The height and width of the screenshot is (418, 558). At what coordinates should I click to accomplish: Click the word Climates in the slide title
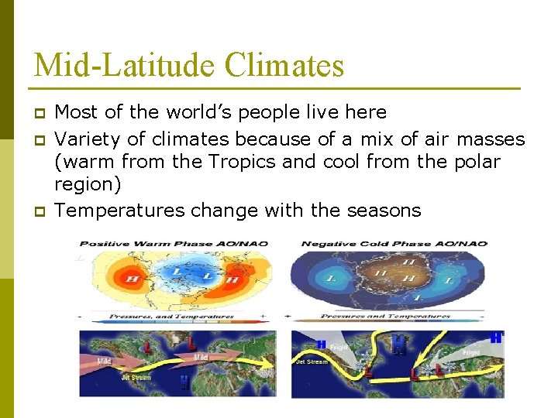click(x=284, y=65)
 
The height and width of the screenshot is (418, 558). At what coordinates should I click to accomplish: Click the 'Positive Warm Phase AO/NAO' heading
click(x=174, y=243)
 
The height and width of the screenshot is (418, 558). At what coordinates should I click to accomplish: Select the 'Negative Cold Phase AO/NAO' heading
click(x=394, y=243)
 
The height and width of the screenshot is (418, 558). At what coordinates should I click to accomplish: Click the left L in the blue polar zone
click(x=177, y=271)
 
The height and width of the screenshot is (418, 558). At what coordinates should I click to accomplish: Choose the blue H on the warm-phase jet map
click(x=183, y=381)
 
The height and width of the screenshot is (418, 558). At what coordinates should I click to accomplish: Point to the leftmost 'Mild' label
click(x=104, y=360)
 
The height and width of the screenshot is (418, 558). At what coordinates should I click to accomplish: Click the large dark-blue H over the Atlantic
click(x=398, y=343)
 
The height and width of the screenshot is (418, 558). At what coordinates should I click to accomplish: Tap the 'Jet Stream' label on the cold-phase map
click(x=311, y=361)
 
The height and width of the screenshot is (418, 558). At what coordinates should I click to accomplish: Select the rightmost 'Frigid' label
click(x=472, y=352)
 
